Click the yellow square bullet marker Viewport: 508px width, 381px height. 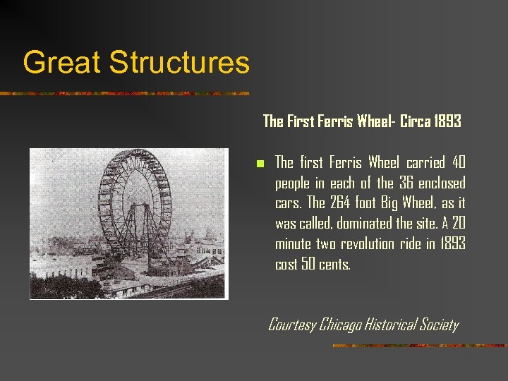[x=260, y=164]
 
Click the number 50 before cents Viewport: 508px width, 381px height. [x=307, y=265]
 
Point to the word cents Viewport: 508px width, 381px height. [x=335, y=265]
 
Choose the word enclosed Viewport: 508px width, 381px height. [x=443, y=183]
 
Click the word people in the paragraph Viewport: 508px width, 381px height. [x=293, y=183]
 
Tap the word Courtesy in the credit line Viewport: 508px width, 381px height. [x=292, y=325]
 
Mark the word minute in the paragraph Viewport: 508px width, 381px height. [x=294, y=245]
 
